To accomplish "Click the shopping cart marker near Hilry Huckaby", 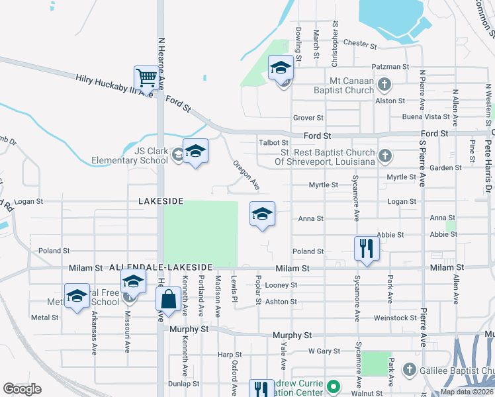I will click(145, 76).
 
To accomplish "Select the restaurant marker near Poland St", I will click(365, 248).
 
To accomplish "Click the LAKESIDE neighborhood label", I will click(160, 200).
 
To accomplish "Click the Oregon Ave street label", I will click(245, 173).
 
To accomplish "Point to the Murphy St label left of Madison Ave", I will click(189, 328).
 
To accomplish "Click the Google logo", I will click(22, 389).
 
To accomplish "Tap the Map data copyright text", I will click(466, 392).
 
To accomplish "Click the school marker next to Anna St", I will click(262, 214).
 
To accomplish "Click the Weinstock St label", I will click(395, 318).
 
